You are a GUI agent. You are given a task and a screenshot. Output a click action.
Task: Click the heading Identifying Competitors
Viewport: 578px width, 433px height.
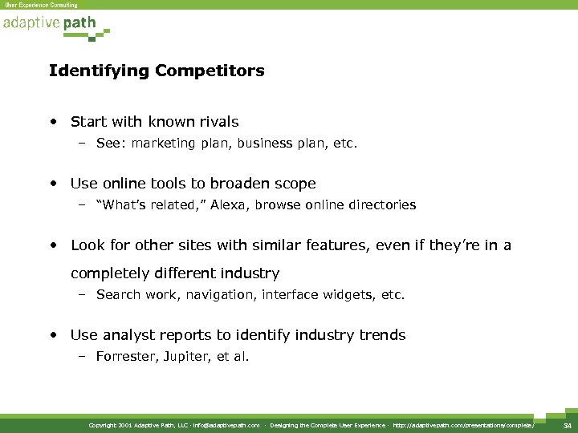[157, 71]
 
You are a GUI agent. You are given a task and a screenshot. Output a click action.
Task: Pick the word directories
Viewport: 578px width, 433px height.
[381, 204]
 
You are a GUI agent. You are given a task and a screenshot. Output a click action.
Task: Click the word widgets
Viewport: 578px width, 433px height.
[351, 294]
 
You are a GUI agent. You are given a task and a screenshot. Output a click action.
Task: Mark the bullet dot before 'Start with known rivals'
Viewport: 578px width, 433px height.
[53, 123]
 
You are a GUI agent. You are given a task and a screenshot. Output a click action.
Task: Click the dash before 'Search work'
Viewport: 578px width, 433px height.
[83, 294]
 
